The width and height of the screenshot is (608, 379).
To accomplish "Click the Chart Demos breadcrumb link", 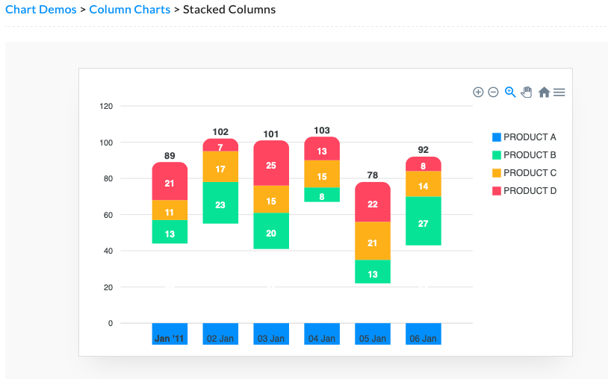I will coord(41,10).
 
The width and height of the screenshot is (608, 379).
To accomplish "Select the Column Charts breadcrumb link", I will coord(130,10).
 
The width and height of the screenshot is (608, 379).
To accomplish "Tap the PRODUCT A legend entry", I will coord(524,137).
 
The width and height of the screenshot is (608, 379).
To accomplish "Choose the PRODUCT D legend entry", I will coord(524,191).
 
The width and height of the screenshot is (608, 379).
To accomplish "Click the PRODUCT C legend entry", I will coord(524,173).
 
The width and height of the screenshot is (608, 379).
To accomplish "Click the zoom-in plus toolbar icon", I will coord(478,92).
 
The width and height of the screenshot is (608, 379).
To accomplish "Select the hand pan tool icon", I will coord(527,92).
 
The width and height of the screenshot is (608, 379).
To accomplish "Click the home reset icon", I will coord(545,92).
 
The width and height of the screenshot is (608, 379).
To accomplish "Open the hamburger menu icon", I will coord(559,92).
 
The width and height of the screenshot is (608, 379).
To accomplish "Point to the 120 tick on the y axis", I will coord(105,107).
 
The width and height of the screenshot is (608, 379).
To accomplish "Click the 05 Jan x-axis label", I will coord(373,339).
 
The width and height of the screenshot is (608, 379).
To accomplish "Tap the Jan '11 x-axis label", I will coord(170,339).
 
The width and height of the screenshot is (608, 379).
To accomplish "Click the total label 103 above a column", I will coord(322,131).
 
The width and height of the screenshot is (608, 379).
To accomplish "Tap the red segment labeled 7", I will coord(220,145).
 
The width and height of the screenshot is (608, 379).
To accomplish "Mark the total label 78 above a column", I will coord(373,175).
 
